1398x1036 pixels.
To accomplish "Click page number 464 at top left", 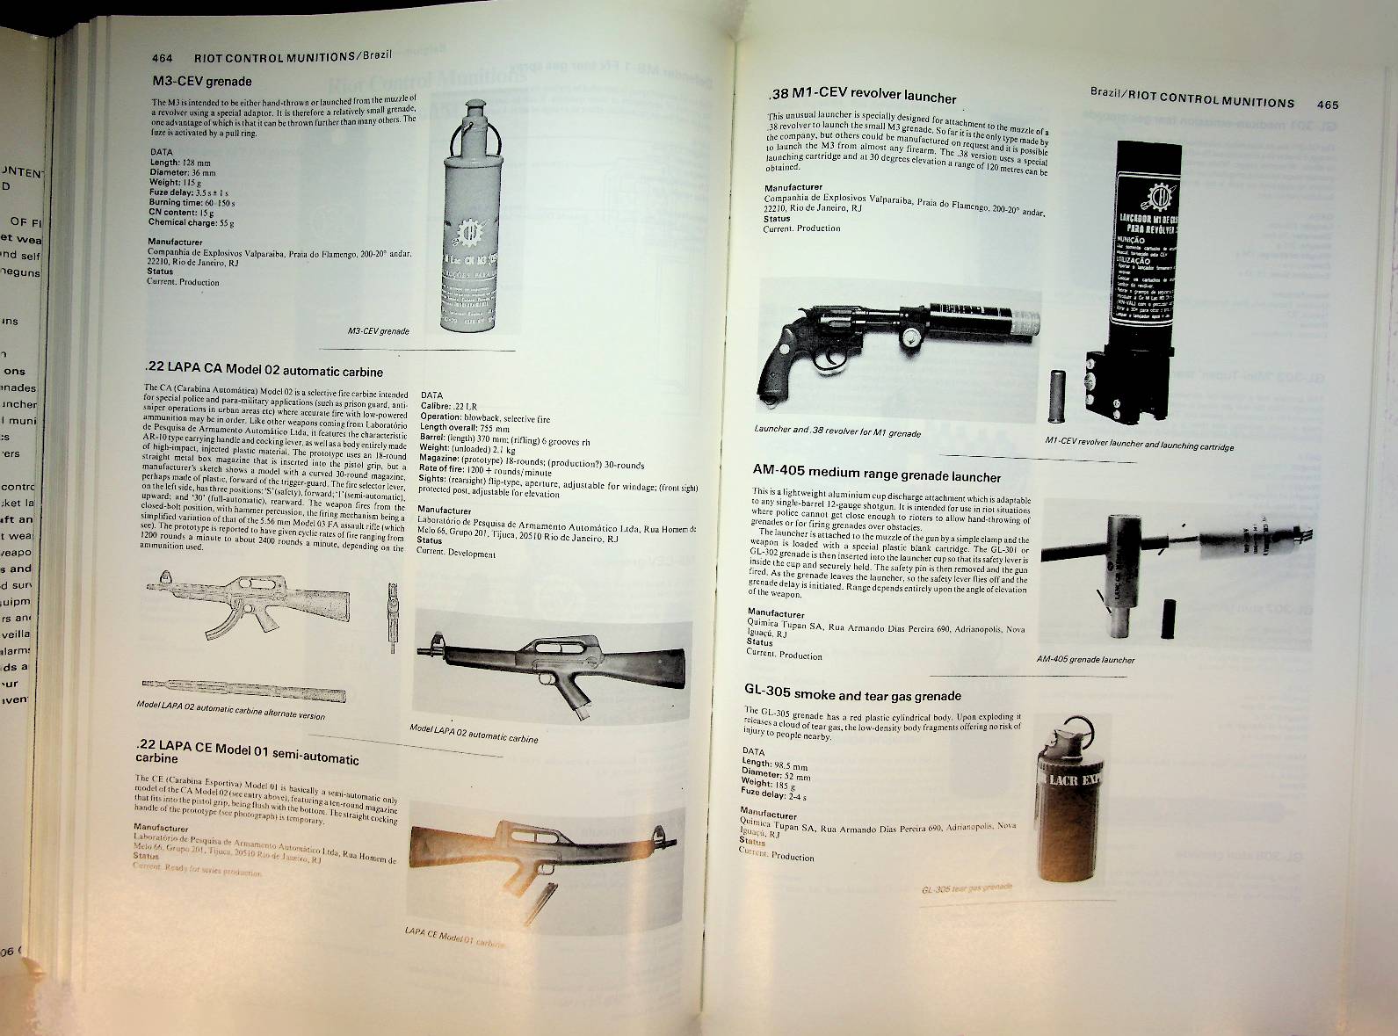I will point(162,58).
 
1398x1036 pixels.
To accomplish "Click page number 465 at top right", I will point(1327,105).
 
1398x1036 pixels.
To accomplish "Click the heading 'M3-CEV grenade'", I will point(202,82).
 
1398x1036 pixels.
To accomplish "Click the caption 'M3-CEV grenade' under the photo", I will point(379,331).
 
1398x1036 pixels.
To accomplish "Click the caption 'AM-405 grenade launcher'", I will point(1085,659).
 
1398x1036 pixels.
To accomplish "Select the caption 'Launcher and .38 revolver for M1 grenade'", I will point(837,431).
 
